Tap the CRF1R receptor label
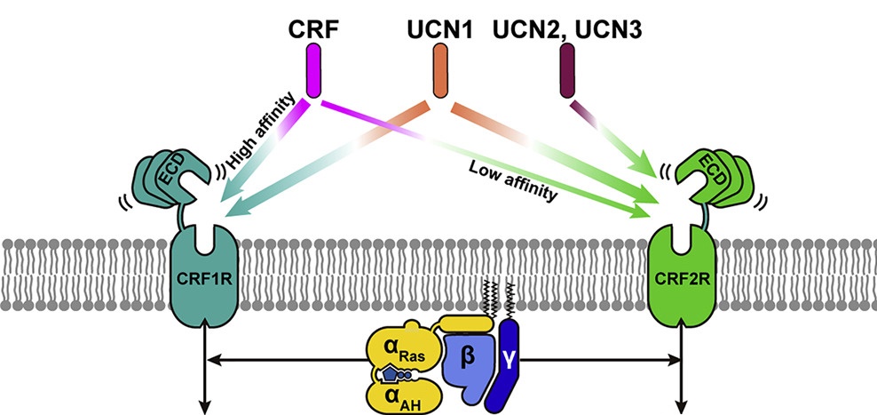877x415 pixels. coord(206,283)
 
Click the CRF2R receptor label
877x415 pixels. coord(682,283)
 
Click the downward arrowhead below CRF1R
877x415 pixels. coord(206,407)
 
